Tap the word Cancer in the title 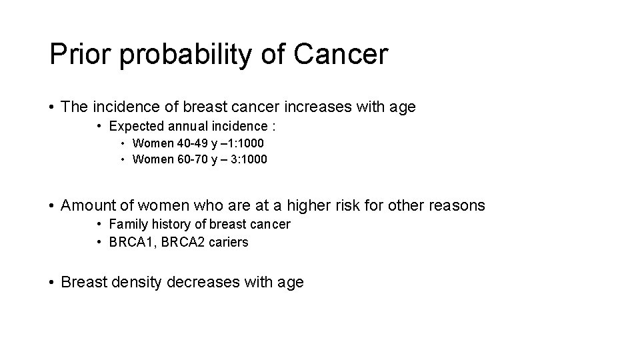(x=340, y=54)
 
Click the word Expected (x=135, y=126)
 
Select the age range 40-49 (x=190, y=143)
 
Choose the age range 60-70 (x=190, y=159)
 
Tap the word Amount (x=88, y=205)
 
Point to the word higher (x=307, y=205)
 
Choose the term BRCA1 (x=130, y=242)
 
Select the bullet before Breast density (x=52, y=282)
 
